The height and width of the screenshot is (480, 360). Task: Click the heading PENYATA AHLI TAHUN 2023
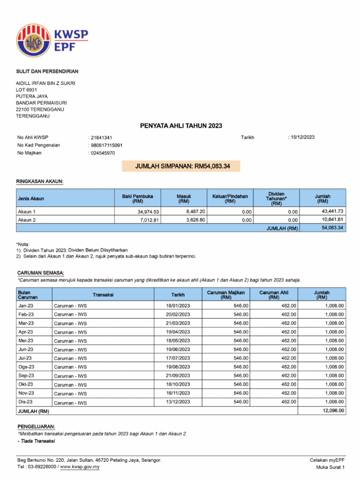click(181, 126)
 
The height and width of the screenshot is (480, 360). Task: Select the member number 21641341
click(102, 137)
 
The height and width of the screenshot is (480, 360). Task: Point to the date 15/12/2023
click(302, 137)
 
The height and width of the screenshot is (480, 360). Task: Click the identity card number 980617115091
click(106, 145)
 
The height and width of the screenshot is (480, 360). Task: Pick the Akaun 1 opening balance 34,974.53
click(146, 211)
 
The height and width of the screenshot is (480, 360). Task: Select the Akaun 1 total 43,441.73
click(332, 211)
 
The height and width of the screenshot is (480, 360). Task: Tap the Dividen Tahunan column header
click(276, 198)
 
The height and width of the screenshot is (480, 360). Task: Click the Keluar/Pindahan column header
click(230, 198)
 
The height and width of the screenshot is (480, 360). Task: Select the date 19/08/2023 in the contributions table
click(178, 367)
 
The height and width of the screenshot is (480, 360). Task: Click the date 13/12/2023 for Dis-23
click(178, 402)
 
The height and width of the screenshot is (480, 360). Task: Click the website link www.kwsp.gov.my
click(79, 467)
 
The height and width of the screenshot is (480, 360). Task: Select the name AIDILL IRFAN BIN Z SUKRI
click(45, 83)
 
